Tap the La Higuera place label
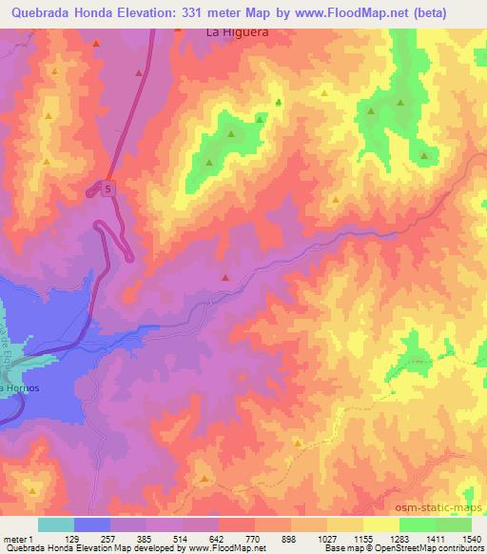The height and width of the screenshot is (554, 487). pos(238,31)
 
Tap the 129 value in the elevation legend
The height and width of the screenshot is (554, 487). pos(72,540)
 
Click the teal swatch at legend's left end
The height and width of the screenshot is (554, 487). pos(56,524)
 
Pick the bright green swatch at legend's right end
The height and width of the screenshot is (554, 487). pos(454,524)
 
